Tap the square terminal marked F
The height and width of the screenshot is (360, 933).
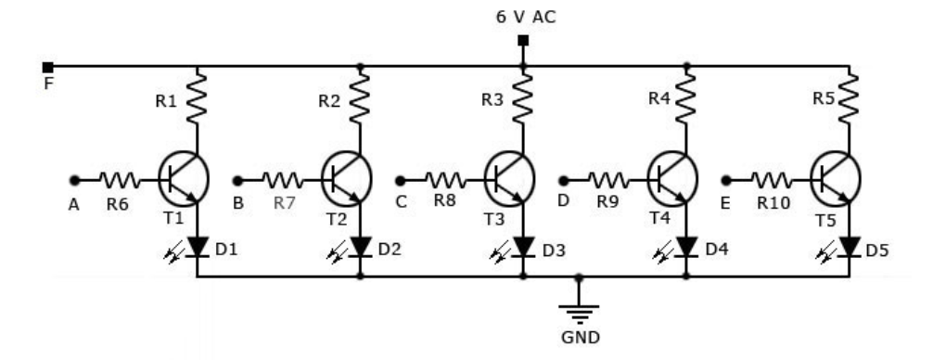pyautogui.click(x=47, y=66)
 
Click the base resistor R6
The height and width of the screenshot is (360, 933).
pyautogui.click(x=119, y=179)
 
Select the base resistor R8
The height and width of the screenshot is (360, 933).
pyautogui.click(x=444, y=179)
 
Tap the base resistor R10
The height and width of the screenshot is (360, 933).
pyautogui.click(x=771, y=179)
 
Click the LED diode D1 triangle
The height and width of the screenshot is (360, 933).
pyautogui.click(x=198, y=247)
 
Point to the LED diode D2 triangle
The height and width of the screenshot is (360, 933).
pyautogui.click(x=360, y=247)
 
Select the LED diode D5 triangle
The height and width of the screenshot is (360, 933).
pyautogui.click(x=849, y=247)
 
